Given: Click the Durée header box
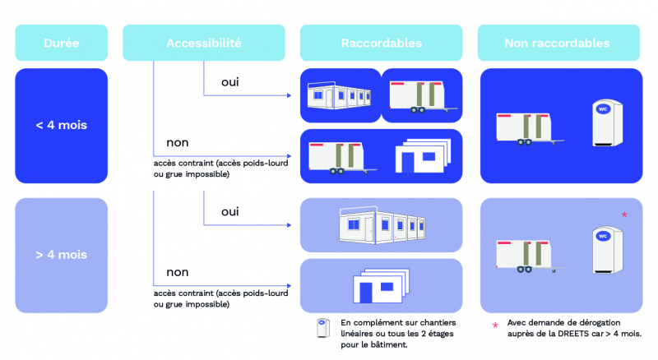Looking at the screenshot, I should (62, 43).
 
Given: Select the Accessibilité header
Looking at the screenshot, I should (203, 43).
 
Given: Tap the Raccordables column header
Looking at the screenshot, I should (381, 43).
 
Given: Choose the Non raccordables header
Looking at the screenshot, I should (557, 43).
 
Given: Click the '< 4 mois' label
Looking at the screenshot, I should (62, 126).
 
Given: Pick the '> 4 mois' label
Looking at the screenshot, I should (62, 255).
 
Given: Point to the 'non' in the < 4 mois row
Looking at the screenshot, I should (178, 141).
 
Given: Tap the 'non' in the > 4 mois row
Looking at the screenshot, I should (178, 272).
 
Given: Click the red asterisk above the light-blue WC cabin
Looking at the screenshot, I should (624, 215).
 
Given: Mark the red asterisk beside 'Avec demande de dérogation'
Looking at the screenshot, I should (494, 325).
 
